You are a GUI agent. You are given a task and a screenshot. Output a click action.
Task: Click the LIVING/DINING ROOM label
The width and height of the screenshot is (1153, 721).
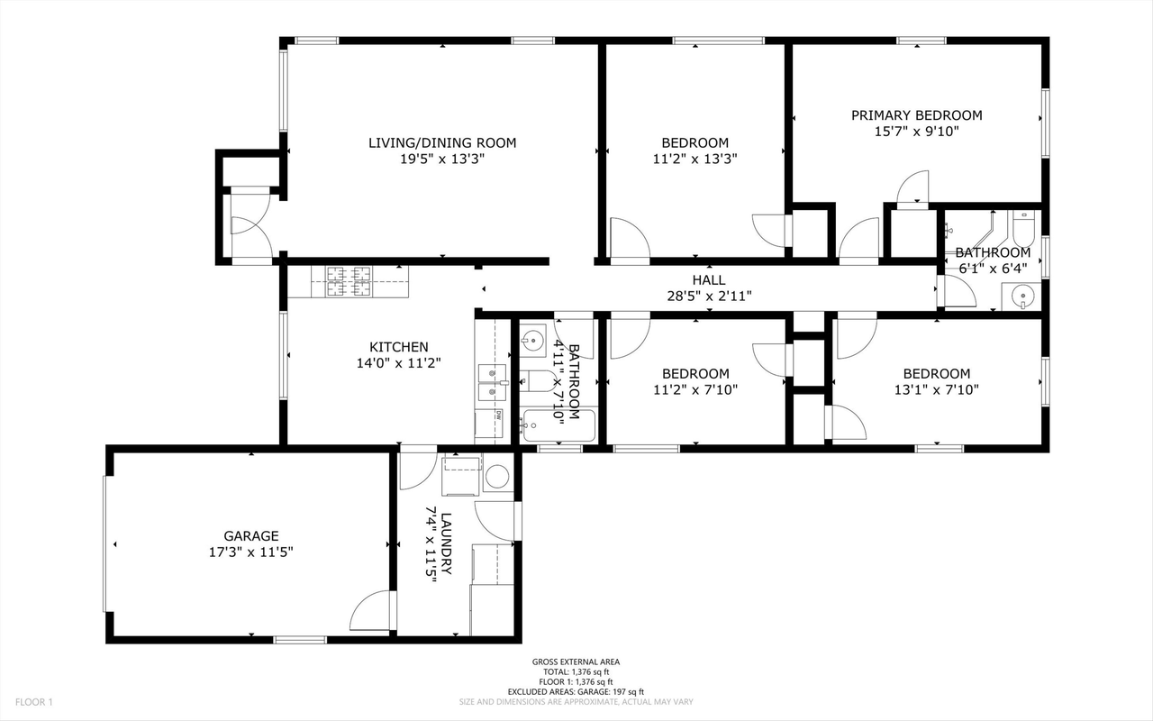click(442, 142)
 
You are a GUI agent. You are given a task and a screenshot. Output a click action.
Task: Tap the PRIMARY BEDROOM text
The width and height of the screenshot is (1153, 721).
click(917, 115)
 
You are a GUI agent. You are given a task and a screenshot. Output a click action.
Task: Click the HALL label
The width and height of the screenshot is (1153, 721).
click(708, 280)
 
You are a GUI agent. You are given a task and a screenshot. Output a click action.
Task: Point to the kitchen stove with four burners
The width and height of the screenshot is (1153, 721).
click(348, 281)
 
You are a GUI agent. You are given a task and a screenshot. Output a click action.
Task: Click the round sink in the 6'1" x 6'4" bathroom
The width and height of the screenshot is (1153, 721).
click(1021, 297)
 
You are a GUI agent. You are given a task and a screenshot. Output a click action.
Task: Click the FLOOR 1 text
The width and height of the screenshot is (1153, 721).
click(35, 702)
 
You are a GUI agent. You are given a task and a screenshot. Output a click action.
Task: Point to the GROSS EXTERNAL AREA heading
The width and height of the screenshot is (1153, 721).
click(576, 662)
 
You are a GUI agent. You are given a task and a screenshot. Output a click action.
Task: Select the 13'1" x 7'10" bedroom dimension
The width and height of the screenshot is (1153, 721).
click(937, 389)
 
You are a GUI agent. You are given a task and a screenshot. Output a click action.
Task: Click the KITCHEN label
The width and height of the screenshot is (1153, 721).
click(398, 347)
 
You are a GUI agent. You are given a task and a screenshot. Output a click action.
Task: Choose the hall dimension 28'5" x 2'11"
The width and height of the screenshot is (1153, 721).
click(708, 296)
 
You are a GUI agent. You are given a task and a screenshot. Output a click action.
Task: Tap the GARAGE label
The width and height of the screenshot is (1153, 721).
click(251, 535)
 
